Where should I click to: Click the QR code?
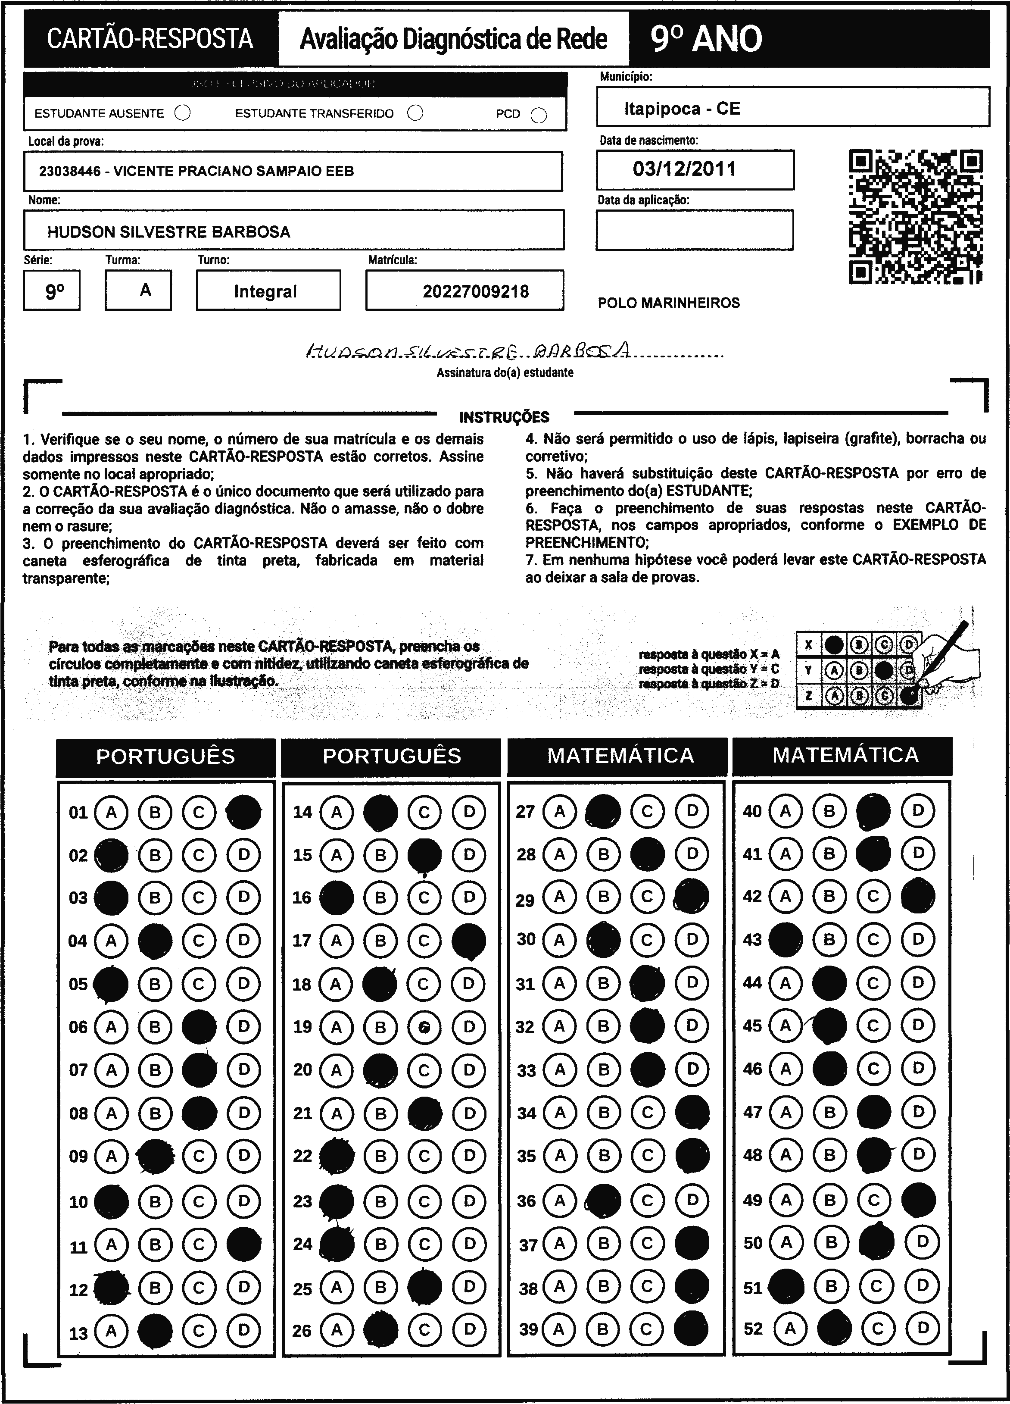coord(915,217)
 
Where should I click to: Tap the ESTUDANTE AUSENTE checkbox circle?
coord(183,113)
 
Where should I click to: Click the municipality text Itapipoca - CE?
coord(682,109)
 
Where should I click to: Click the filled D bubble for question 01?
coord(244,812)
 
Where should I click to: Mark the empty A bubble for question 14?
coord(336,812)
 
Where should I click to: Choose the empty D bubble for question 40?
coord(918,811)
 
